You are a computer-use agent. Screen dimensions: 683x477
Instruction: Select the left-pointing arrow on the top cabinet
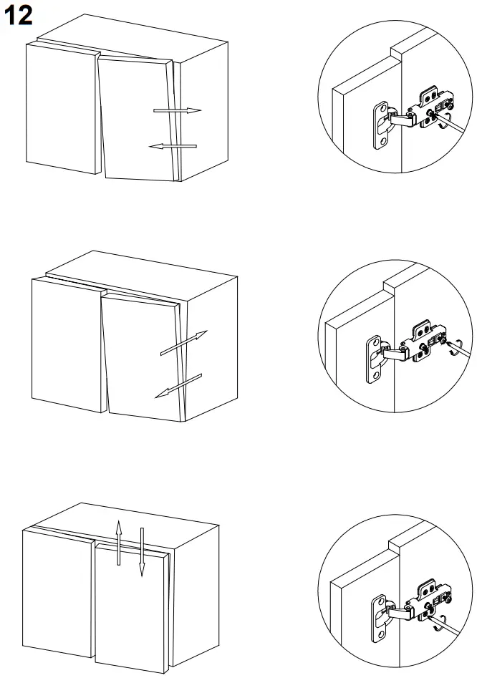click(173, 146)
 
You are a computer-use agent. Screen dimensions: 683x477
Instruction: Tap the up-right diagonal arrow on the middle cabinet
click(183, 343)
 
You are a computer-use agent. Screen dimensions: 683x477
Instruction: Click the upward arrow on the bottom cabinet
click(120, 543)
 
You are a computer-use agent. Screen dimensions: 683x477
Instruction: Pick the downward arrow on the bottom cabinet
click(142, 551)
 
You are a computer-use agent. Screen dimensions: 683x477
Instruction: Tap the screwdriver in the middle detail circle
click(458, 351)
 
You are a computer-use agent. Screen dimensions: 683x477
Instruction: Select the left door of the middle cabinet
click(68, 344)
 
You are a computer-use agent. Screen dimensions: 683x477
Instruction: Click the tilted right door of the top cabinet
click(136, 118)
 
